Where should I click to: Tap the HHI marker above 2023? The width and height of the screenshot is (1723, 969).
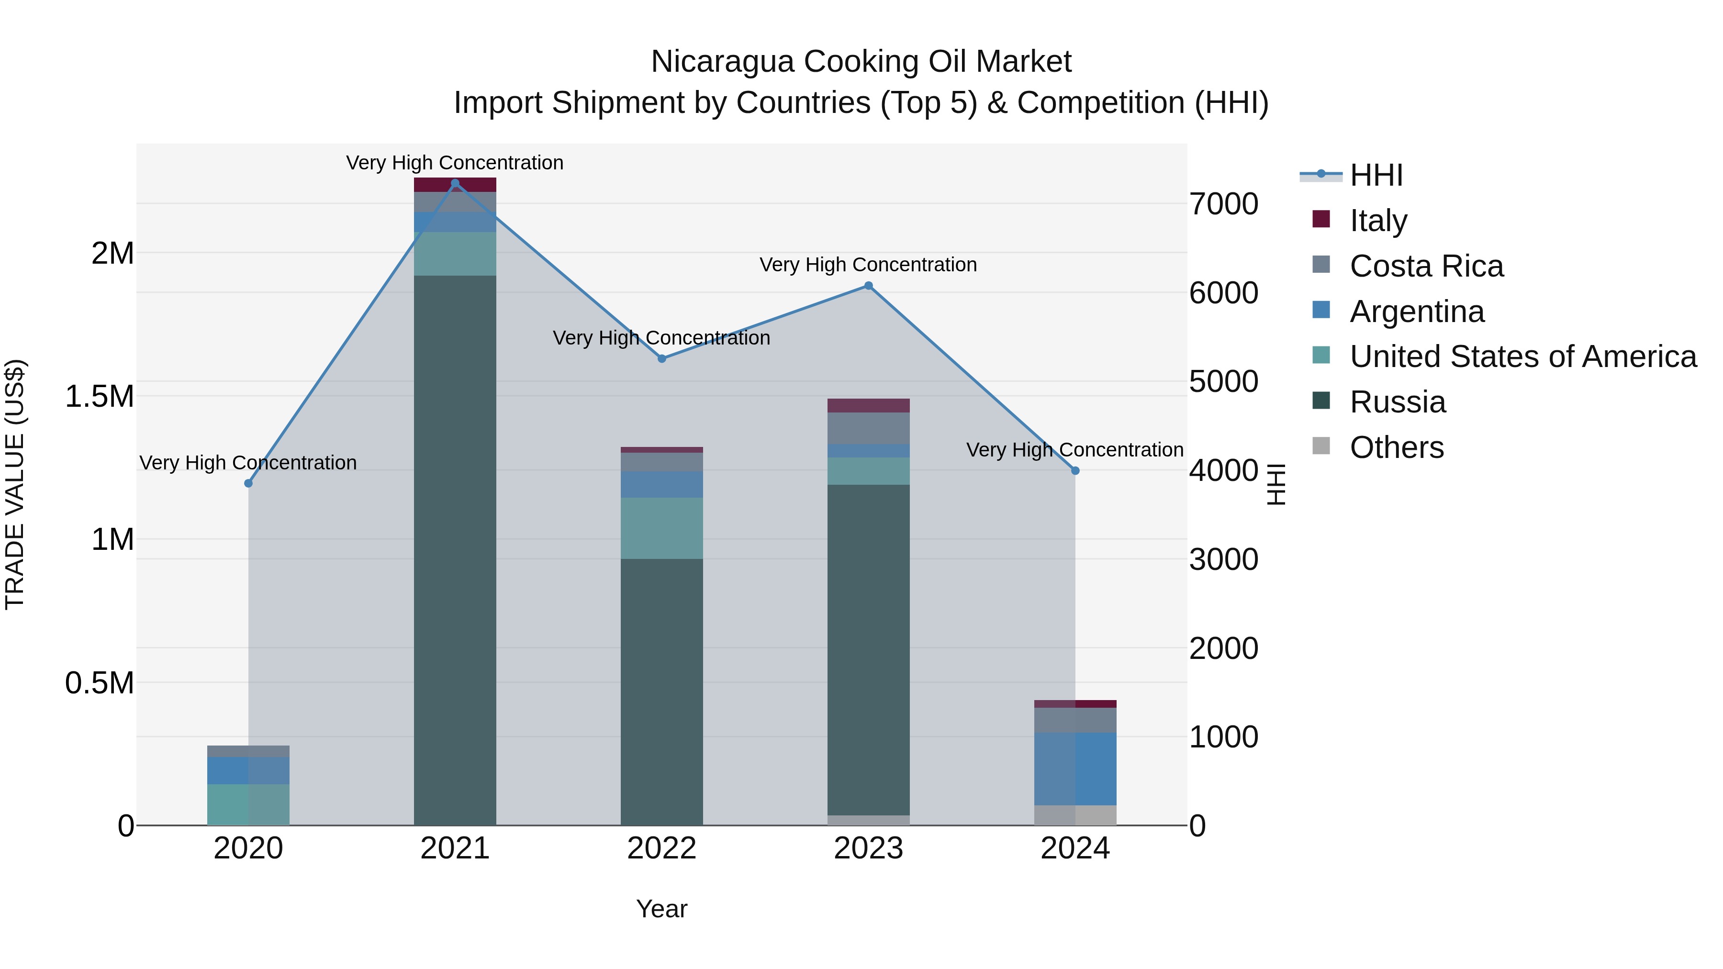[868, 286]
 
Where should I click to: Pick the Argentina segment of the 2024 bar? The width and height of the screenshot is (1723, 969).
[1075, 769]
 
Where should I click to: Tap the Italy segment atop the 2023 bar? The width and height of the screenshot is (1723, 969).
[868, 405]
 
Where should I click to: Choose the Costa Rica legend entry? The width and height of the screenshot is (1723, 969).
[1426, 266]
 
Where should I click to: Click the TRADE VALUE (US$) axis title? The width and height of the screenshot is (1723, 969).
[15, 484]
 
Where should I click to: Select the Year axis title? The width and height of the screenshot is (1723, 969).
[661, 909]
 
